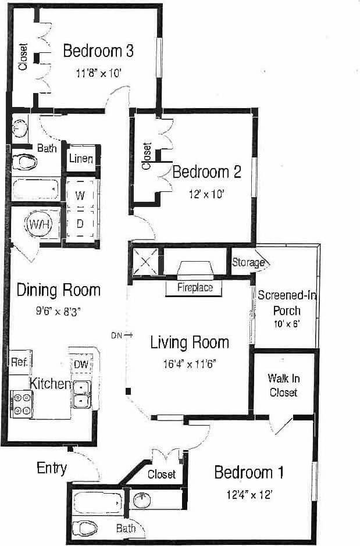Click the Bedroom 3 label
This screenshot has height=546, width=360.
coord(98,51)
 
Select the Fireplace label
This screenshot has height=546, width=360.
coord(195,287)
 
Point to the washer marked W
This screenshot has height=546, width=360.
coord(81,197)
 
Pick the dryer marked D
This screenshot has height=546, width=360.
coord(81,224)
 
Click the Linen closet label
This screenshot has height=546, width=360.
coord(81,158)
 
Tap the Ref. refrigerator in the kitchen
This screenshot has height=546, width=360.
coord(20,361)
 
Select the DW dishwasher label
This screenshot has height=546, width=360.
coord(81,364)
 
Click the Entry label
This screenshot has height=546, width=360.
coord(52,468)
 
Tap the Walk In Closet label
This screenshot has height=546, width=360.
coord(283,386)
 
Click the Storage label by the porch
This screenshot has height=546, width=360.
coord(248,263)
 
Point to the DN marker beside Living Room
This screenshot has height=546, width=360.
coord(117,335)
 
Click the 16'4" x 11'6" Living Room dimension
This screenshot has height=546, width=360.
coord(190,365)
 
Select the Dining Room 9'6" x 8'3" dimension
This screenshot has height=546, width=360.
coord(57,311)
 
